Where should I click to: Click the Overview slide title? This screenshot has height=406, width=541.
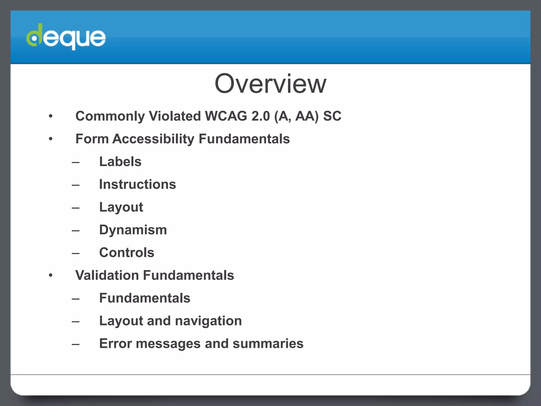pos(270,84)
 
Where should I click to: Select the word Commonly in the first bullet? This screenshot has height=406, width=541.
pos(110,116)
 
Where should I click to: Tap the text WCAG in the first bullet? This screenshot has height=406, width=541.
pos(226,116)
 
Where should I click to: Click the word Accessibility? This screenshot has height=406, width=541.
pos(153,139)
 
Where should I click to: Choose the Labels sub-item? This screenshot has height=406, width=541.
pos(120,162)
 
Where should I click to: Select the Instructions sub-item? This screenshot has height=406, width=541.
pos(137,184)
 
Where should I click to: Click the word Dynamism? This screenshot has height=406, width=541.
pos(133,230)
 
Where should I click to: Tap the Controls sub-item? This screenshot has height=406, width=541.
pos(127,252)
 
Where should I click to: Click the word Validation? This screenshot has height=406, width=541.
pos(107,275)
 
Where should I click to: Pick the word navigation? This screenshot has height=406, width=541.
pos(208,321)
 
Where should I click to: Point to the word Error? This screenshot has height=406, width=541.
pos(115,344)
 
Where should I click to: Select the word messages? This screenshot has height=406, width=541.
pos(168,344)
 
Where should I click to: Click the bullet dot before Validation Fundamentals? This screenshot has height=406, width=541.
pos(51,275)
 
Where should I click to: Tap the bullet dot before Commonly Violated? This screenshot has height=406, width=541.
pos(51,116)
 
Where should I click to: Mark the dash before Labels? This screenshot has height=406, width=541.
pos(76,162)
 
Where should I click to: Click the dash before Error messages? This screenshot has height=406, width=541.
pos(76,344)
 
